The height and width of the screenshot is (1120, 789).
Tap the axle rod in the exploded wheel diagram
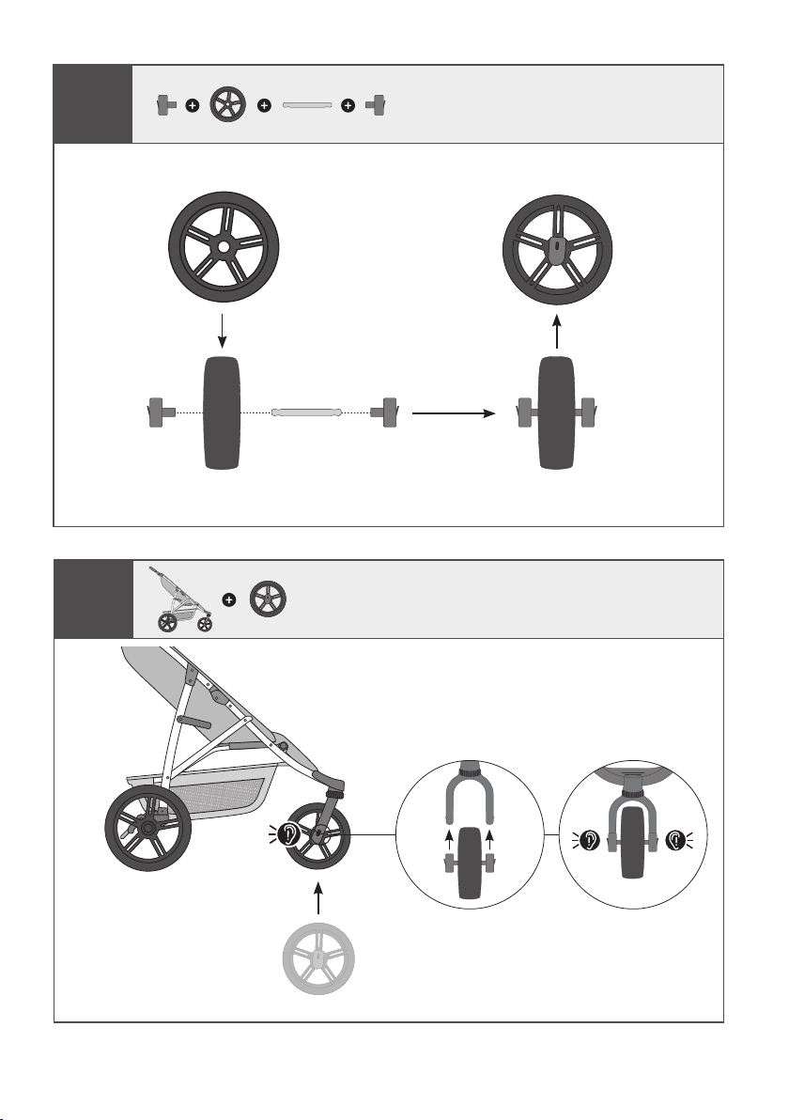[x=306, y=412]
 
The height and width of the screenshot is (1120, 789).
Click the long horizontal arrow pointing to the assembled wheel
[x=452, y=412]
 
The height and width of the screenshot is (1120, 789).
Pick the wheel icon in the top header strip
[x=227, y=105]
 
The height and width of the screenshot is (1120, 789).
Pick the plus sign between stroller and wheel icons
[x=227, y=599]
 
